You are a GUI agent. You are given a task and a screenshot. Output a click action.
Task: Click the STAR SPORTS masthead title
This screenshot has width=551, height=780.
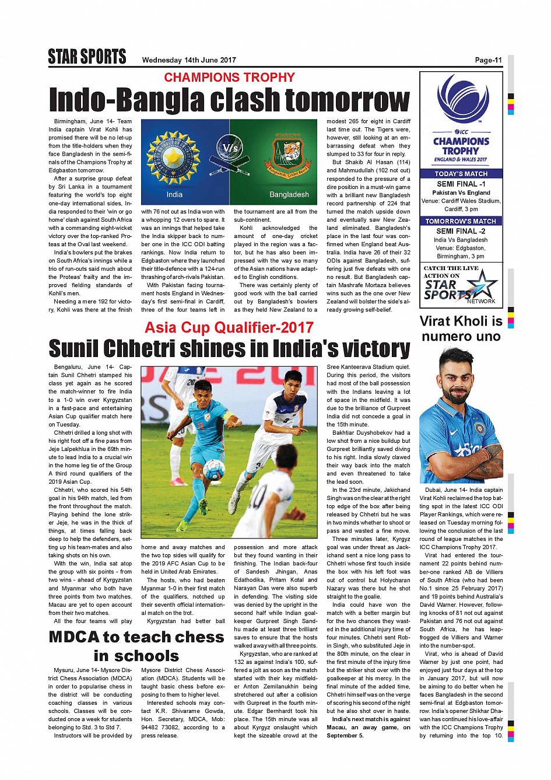click(x=87, y=57)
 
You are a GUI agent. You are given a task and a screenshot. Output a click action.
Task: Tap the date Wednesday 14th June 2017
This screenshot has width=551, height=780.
click(x=189, y=60)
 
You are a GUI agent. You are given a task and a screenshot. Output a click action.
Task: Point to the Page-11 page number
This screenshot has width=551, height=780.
click(x=488, y=60)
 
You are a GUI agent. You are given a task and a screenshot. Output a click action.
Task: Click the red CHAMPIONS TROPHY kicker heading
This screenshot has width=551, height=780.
click(x=229, y=78)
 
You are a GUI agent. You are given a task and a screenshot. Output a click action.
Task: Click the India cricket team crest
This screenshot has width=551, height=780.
click(x=173, y=158)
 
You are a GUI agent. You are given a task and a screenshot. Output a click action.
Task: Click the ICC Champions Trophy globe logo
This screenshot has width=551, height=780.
click(x=463, y=99)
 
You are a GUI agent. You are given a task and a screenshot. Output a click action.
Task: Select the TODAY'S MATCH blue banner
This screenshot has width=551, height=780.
click(x=461, y=174)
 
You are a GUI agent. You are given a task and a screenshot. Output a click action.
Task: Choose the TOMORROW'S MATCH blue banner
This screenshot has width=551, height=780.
click(x=461, y=221)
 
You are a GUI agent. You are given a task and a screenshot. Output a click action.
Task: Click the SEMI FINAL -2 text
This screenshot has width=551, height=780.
click(x=461, y=231)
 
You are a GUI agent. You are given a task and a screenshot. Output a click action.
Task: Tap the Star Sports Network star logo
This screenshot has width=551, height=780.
click(x=482, y=285)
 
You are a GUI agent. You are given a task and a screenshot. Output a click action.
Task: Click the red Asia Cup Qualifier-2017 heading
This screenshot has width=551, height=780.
click(x=229, y=327)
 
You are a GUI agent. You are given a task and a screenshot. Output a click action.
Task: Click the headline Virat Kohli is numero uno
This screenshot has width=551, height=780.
click(x=461, y=328)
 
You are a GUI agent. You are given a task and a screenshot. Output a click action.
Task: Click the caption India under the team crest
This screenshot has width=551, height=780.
click(x=174, y=195)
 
